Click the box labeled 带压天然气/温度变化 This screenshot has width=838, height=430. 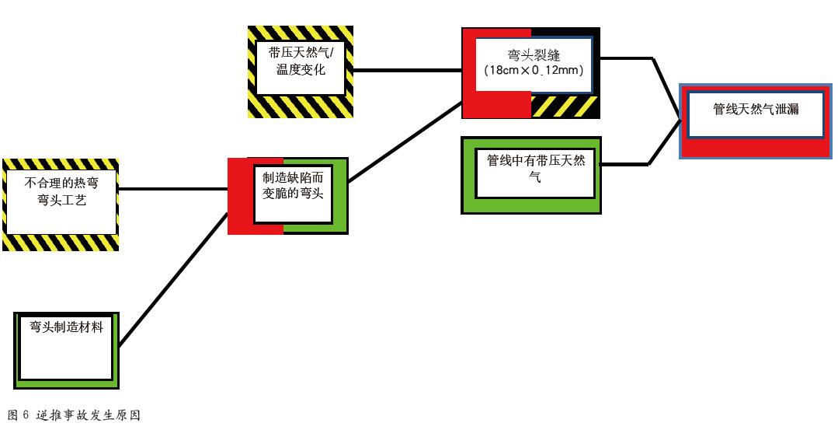pyautogui.click(x=301, y=72)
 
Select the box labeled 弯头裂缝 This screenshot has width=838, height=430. pyautogui.click(x=530, y=72)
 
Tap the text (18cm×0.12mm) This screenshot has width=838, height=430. pyautogui.click(x=533, y=71)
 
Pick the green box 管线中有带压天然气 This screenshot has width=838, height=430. pyautogui.click(x=531, y=175)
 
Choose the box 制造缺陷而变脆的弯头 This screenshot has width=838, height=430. pyautogui.click(x=288, y=195)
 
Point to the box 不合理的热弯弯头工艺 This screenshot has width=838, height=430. pyautogui.click(x=61, y=205)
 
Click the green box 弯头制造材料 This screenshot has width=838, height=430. pyautogui.click(x=67, y=348)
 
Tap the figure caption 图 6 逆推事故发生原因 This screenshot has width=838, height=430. pyautogui.click(x=74, y=415)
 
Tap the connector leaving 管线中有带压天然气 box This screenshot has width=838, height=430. pyautogui.click(x=625, y=164)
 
